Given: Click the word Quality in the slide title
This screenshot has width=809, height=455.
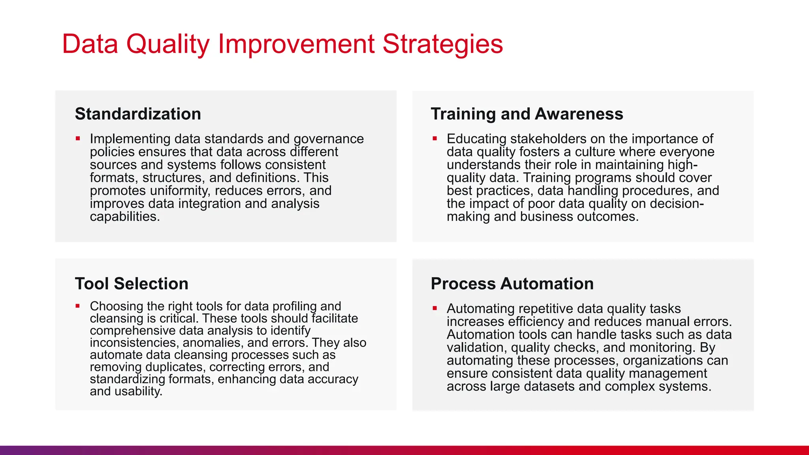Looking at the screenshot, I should [167, 44].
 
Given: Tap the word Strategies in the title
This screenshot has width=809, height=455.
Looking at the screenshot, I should [442, 44].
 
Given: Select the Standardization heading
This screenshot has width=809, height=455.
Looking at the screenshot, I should [138, 114].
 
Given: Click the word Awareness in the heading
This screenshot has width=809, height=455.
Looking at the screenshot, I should [579, 114].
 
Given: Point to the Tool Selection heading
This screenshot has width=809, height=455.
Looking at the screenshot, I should [132, 284].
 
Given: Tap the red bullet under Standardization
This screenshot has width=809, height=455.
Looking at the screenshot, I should [78, 139].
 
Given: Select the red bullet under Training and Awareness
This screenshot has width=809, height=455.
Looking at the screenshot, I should [435, 139].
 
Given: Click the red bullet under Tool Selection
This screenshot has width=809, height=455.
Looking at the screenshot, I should [78, 306].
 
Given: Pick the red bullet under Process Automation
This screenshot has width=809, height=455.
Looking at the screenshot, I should [435, 308].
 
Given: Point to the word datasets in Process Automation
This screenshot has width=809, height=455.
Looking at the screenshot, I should [549, 386].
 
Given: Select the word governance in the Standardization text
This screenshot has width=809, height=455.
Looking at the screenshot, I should [328, 139].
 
